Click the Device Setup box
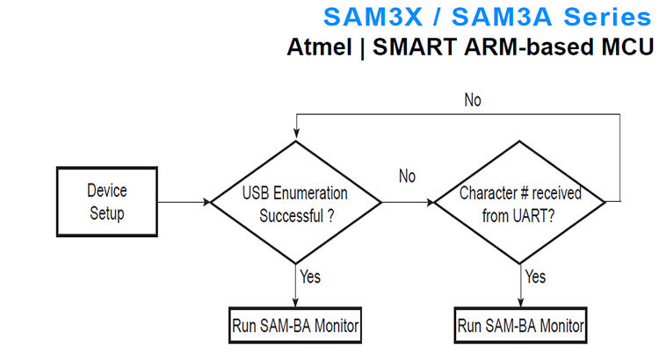coord(107,201)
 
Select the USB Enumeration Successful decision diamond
coord(295,202)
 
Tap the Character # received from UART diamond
coord(521,202)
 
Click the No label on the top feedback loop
coord(473,100)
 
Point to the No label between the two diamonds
coord(407,177)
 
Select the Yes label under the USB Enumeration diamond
coord(310,277)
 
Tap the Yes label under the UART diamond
coord(536,277)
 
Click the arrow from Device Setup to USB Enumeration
coord(184,202)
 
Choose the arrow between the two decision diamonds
coord(408,202)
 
